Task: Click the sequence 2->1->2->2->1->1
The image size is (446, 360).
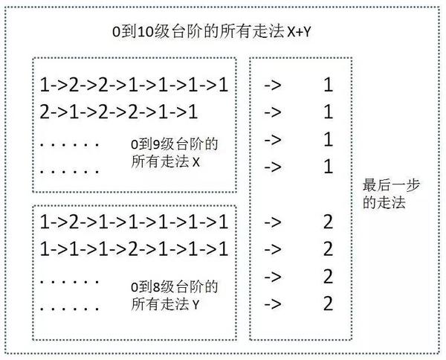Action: coord(119,112)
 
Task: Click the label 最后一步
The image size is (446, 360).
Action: coord(384,186)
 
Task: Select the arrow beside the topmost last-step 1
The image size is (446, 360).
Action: coord(273,86)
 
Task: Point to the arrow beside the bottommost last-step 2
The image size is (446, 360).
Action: coord(273,303)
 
